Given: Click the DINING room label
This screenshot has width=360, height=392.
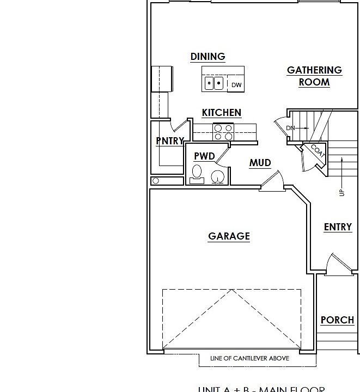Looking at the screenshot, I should click(208, 57).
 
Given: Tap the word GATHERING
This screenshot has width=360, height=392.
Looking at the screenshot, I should click(314, 70).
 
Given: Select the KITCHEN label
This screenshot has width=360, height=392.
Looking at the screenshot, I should click(221, 113).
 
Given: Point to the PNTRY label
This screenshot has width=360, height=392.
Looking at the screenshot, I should click(170, 141).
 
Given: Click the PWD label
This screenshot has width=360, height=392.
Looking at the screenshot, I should click(204, 156).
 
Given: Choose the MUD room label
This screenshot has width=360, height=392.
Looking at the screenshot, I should click(260, 163).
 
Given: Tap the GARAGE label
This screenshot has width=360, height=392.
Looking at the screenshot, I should click(229, 236).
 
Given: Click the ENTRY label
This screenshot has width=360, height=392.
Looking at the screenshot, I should click(338, 227).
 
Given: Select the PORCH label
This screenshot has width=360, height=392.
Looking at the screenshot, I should click(337, 320).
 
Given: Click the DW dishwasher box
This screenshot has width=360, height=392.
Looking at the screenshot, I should click(236, 84).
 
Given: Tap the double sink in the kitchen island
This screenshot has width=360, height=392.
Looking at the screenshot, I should click(214, 83).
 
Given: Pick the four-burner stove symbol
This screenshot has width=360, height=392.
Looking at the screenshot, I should click(223, 132).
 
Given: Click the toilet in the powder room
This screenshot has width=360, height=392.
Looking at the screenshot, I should click(197, 174).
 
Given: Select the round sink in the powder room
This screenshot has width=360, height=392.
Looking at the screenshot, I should click(217, 176).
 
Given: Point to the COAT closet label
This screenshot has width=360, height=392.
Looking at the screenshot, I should click(318, 151).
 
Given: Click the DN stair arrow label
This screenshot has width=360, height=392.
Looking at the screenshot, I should click(290, 128).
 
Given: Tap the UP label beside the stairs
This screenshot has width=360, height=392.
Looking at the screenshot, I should click(341, 192).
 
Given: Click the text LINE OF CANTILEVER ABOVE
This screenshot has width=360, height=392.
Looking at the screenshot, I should click(249, 358).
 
